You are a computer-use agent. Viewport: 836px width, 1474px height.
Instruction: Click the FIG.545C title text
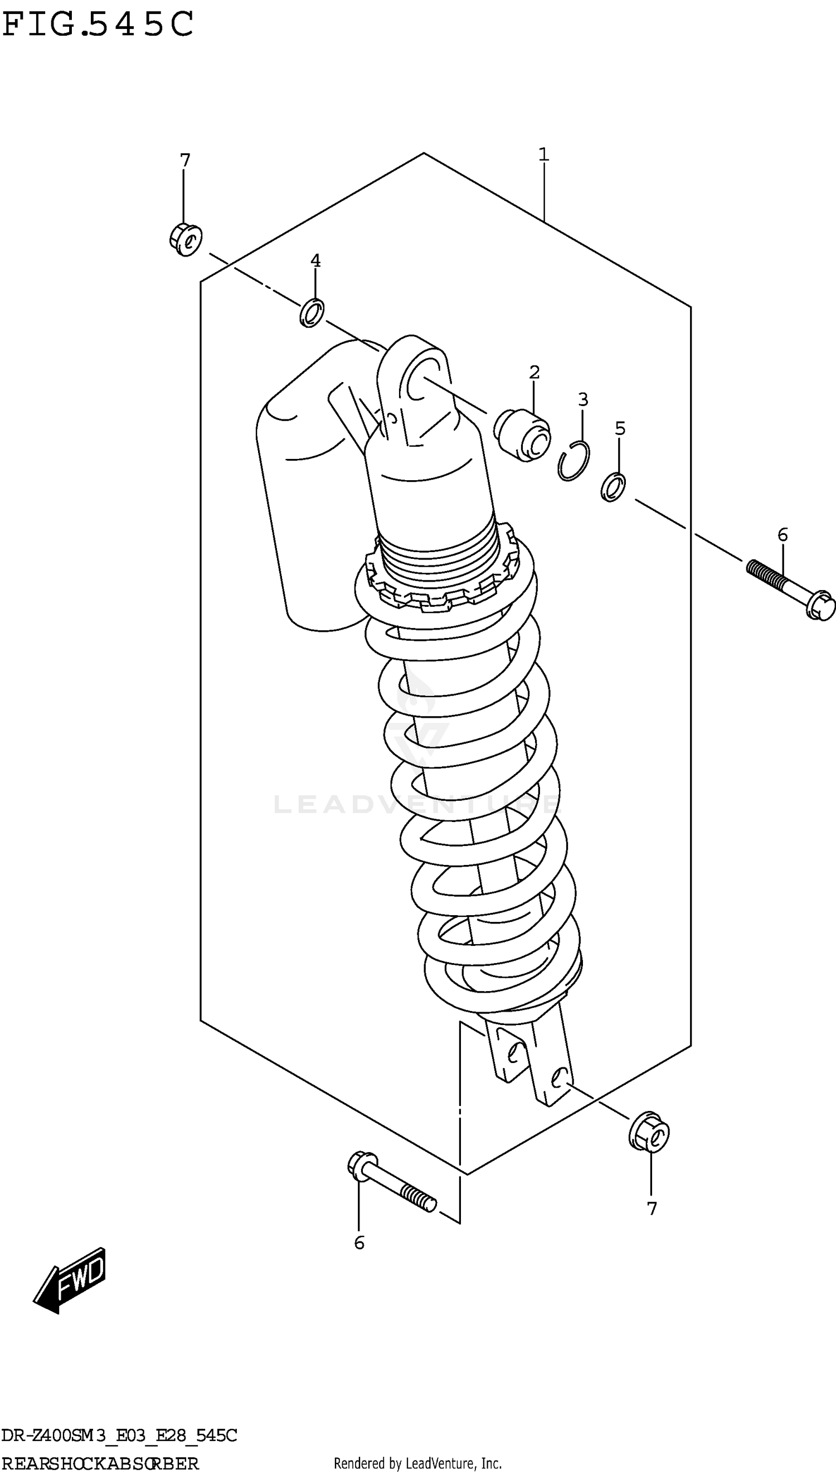(98, 25)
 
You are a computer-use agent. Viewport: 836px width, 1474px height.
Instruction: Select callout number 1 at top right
(543, 154)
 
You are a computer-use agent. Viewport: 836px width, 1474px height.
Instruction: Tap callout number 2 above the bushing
(534, 372)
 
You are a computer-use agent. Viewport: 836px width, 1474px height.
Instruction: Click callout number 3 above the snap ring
(583, 399)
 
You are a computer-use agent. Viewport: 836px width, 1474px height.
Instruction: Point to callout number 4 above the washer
(315, 260)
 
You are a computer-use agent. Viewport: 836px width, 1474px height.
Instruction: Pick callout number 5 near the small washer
(620, 428)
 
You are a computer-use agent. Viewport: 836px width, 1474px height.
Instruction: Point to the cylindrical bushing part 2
(522, 434)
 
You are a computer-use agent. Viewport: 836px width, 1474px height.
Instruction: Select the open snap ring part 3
(573, 460)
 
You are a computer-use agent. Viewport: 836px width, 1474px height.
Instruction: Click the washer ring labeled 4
(312, 313)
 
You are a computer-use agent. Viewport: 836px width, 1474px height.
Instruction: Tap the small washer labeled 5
(613, 486)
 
